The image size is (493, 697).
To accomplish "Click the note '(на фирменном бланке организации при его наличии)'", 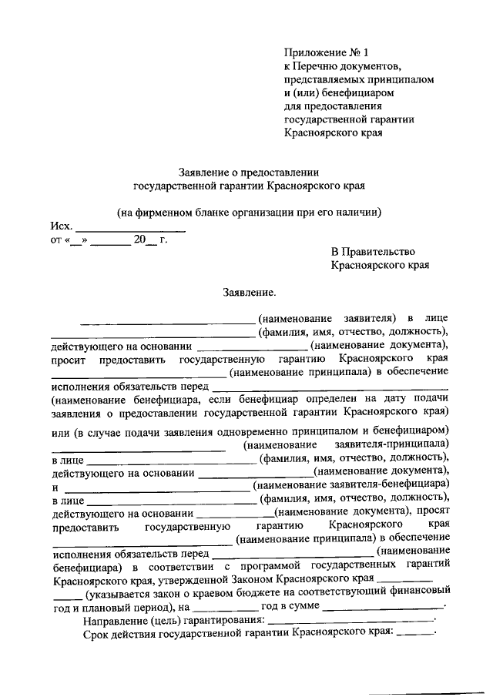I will tap(250, 212).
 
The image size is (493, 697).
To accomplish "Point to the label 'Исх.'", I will tap(62, 226).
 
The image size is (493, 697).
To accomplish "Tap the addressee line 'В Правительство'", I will tap(373, 252).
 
